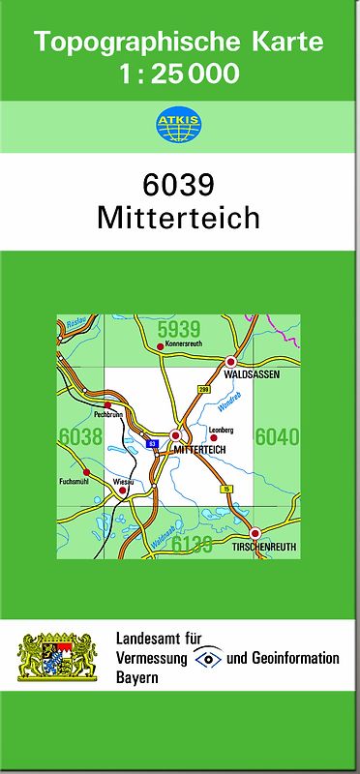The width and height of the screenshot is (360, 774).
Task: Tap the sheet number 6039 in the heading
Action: click(179, 184)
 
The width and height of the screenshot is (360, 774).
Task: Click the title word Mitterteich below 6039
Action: click(179, 217)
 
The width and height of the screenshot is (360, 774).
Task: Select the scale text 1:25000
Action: click(179, 73)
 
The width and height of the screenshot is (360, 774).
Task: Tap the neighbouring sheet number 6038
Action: click(80, 436)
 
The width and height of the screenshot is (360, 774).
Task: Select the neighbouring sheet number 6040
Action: click(278, 436)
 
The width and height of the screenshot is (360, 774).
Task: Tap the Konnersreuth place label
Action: click(181, 354)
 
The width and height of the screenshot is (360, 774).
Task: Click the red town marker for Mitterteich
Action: click(175, 436)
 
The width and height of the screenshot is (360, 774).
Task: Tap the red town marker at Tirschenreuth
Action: click(255, 533)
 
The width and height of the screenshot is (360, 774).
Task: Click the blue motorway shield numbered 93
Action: click(153, 444)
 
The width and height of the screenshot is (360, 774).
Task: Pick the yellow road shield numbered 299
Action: click(203, 389)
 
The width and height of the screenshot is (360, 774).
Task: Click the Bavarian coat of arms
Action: click(58, 656)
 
